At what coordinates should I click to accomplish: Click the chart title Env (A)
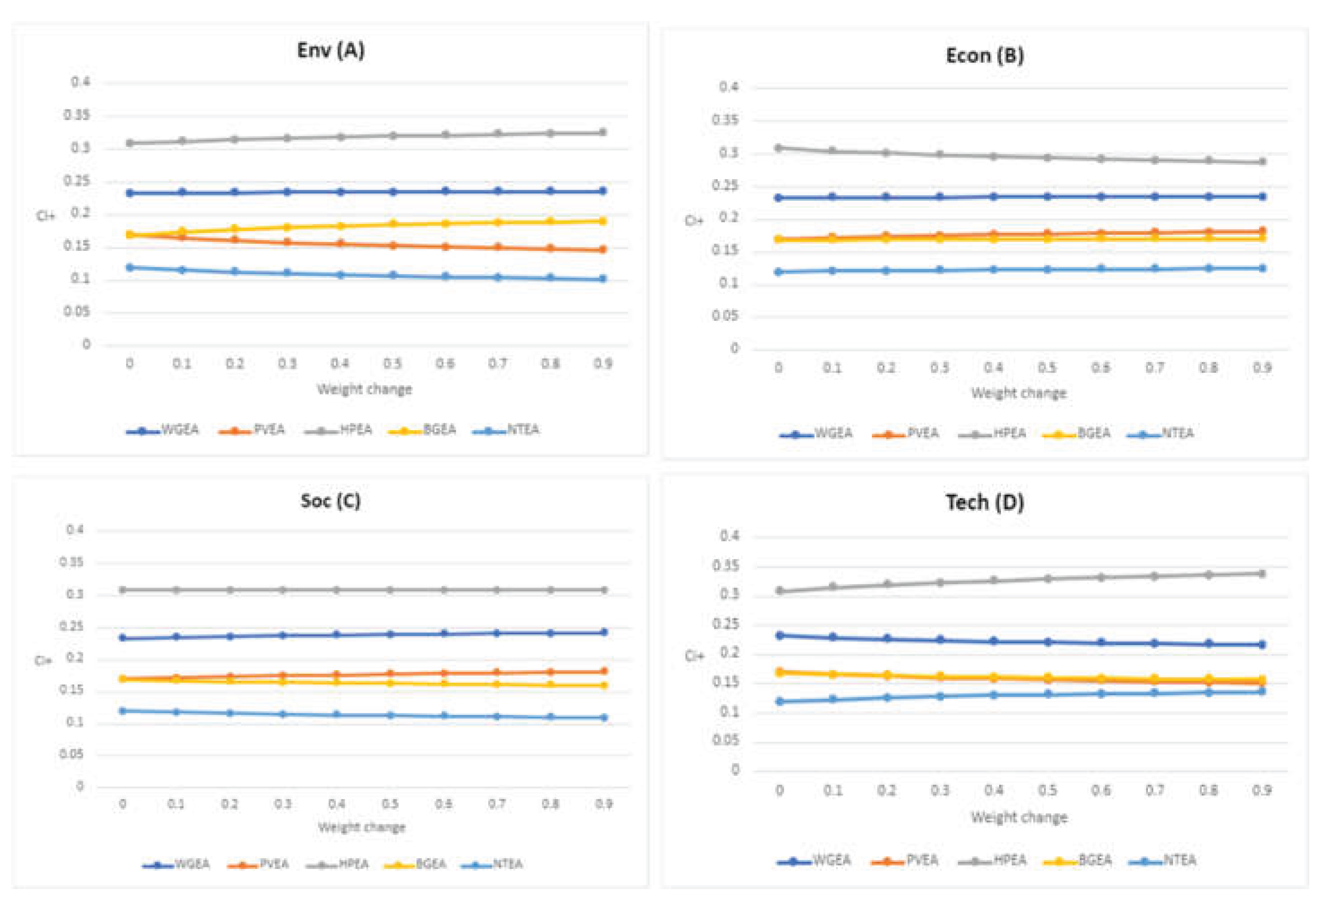click(x=331, y=51)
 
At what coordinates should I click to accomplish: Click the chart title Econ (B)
click(x=984, y=56)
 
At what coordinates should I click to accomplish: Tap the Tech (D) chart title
click(x=984, y=502)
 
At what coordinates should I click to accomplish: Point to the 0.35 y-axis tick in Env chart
click(x=77, y=115)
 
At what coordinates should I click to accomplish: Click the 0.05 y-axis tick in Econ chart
click(x=725, y=316)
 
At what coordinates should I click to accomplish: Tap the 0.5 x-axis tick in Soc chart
click(x=390, y=804)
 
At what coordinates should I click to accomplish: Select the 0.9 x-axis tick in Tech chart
click(x=1261, y=790)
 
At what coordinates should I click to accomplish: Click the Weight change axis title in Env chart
click(x=364, y=390)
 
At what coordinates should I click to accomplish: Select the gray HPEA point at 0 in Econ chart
click(x=778, y=148)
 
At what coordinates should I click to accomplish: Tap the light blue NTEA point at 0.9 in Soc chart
click(x=604, y=718)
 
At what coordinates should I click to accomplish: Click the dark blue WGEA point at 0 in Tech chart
click(x=780, y=635)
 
